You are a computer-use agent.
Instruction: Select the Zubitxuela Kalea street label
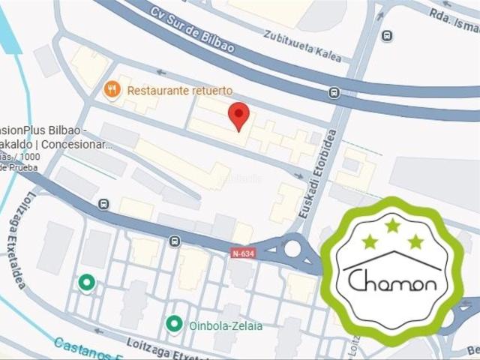click(302, 46)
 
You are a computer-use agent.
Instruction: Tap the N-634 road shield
click(243, 255)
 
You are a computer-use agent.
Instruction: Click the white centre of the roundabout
click(292, 249)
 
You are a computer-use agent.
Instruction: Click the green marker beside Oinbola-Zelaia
click(174, 324)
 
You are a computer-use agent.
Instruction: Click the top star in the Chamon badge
click(392, 224)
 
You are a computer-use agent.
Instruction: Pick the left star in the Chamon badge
click(369, 241)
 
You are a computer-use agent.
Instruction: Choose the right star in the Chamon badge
click(415, 241)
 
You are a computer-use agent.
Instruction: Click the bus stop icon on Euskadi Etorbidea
click(334, 93)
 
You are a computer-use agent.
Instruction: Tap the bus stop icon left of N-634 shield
click(175, 241)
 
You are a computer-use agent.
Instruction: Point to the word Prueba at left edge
click(18, 168)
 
